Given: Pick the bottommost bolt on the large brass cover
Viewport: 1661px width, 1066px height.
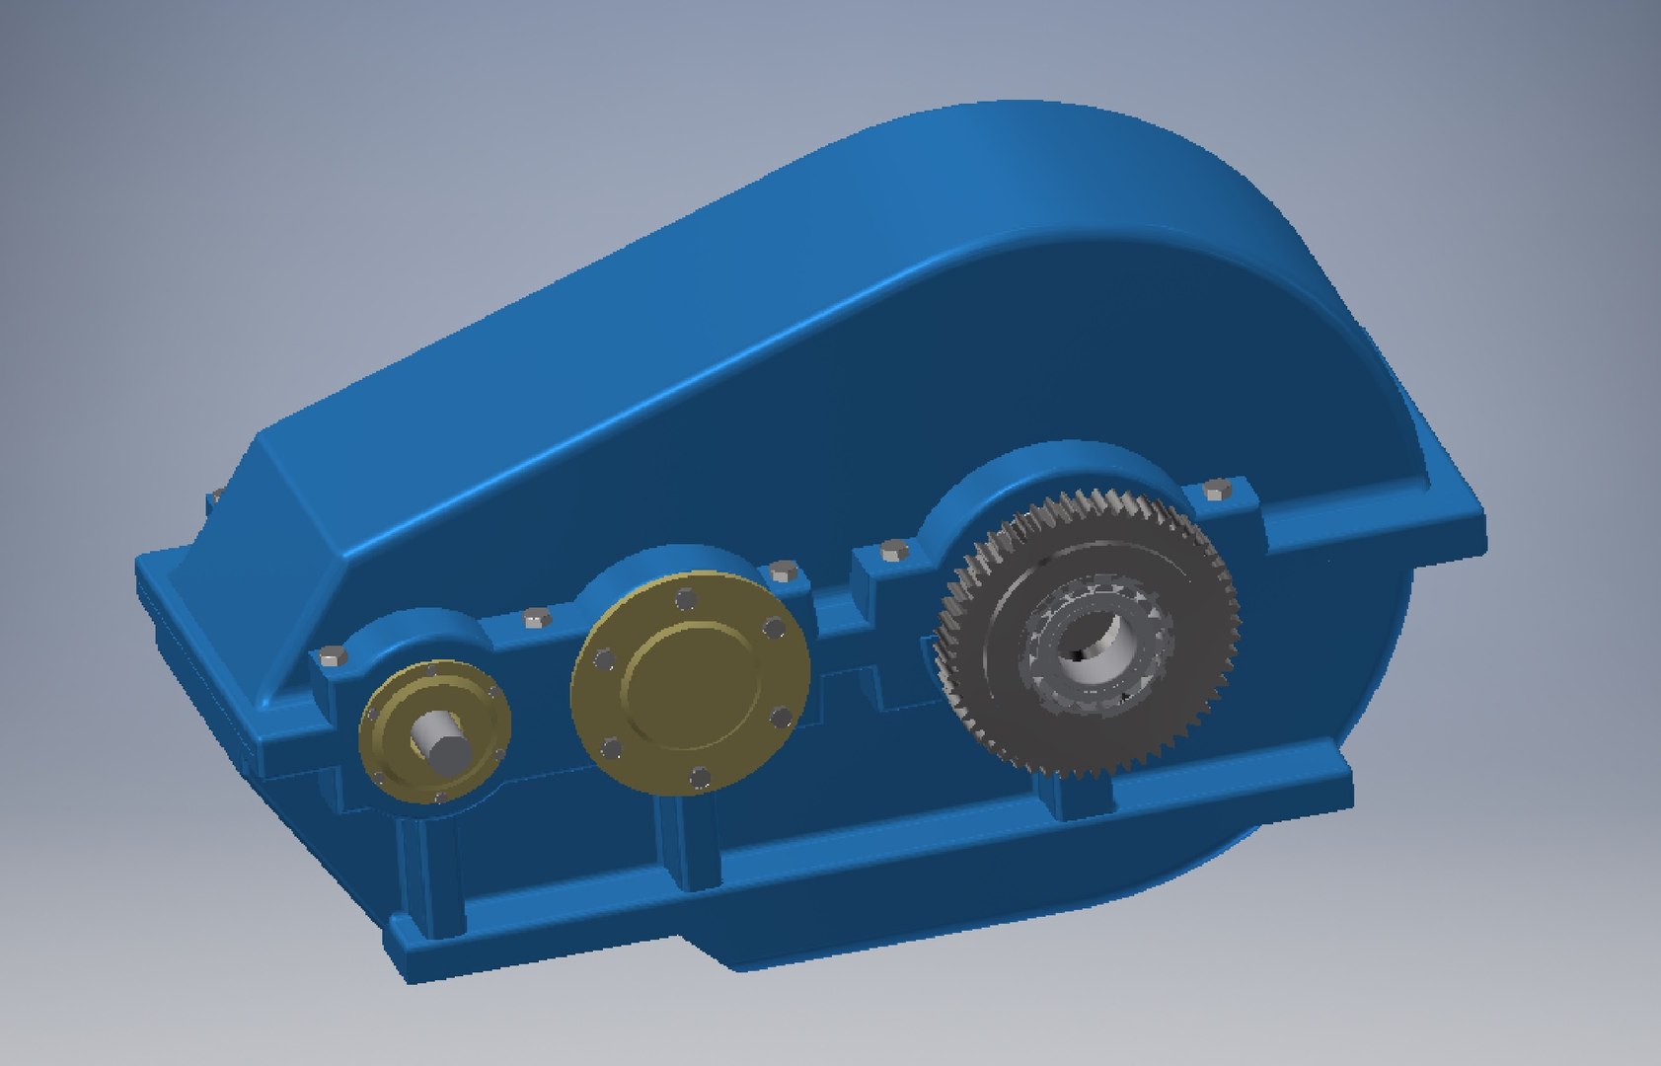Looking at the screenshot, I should pyautogui.click(x=701, y=779).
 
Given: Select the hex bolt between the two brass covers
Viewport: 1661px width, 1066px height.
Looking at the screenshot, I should pyautogui.click(x=535, y=619).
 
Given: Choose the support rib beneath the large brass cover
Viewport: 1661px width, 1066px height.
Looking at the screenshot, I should pyautogui.click(x=691, y=839).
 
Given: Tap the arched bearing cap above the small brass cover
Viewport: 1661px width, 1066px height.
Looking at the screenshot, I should pyautogui.click(x=415, y=632).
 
